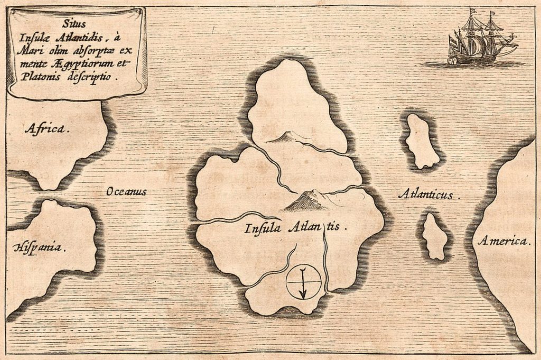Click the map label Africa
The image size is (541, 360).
pos(46,128)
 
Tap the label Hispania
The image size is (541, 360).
pos(40,247)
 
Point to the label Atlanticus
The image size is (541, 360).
pos(428,195)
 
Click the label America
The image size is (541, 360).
pos(503,242)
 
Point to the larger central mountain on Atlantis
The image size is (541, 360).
pos(307,200)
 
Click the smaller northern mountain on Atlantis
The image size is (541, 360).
pos(283,137)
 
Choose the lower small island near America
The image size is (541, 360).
pos(435,236)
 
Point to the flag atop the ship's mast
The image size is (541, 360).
pos(472,10)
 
